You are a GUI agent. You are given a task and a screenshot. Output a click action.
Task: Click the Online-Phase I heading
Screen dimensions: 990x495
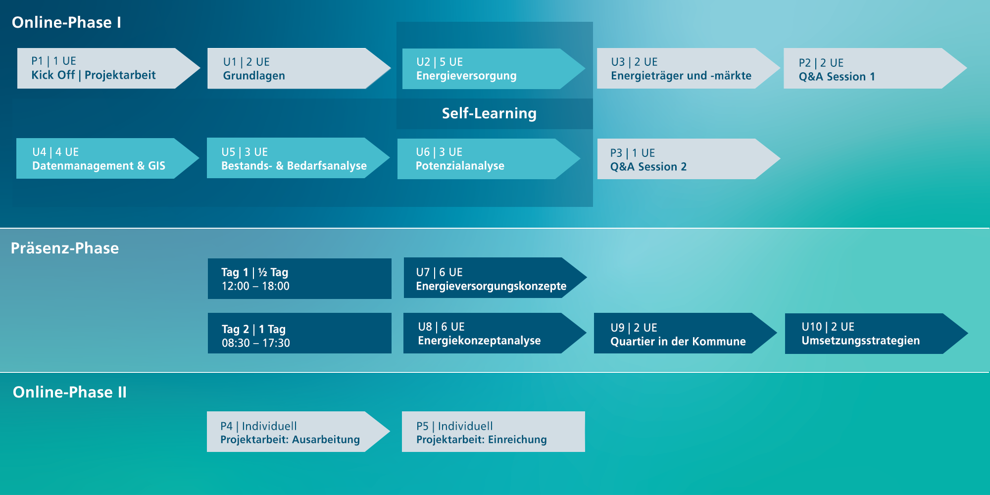click(66, 22)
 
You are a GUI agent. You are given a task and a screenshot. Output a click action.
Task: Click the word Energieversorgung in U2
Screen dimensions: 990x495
click(466, 76)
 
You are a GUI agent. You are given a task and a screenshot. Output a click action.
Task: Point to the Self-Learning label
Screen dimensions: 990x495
click(489, 113)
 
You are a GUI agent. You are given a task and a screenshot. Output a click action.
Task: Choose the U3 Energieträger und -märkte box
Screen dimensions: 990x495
click(689, 68)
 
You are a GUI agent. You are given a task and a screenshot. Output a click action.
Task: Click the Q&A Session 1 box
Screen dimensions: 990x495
click(875, 68)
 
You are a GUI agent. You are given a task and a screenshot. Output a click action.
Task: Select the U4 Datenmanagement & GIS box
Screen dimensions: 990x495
click(108, 158)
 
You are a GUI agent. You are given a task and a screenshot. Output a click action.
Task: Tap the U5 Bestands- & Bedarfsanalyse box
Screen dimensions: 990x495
click(298, 158)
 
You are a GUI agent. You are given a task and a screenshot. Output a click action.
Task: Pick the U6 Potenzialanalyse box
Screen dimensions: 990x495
click(489, 159)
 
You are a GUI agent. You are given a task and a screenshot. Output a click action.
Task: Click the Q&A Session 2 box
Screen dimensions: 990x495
click(689, 159)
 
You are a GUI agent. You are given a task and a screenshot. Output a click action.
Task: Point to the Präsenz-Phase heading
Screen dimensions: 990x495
click(65, 248)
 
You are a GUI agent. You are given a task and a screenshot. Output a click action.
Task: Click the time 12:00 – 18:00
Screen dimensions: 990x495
click(255, 286)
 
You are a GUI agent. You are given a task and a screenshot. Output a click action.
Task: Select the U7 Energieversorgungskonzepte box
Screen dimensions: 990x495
click(495, 278)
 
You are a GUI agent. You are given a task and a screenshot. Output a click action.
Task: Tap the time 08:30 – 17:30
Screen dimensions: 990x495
click(256, 343)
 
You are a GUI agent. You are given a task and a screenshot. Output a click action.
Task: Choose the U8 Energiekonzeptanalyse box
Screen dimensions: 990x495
click(495, 333)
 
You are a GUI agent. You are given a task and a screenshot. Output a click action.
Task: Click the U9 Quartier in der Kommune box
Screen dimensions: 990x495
click(686, 333)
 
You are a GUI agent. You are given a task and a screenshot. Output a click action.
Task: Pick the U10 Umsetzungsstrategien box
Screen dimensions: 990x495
click(877, 334)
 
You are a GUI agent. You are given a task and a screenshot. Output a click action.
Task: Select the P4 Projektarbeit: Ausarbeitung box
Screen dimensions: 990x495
click(298, 432)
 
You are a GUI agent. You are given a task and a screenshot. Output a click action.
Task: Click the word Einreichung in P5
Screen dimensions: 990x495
click(517, 440)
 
